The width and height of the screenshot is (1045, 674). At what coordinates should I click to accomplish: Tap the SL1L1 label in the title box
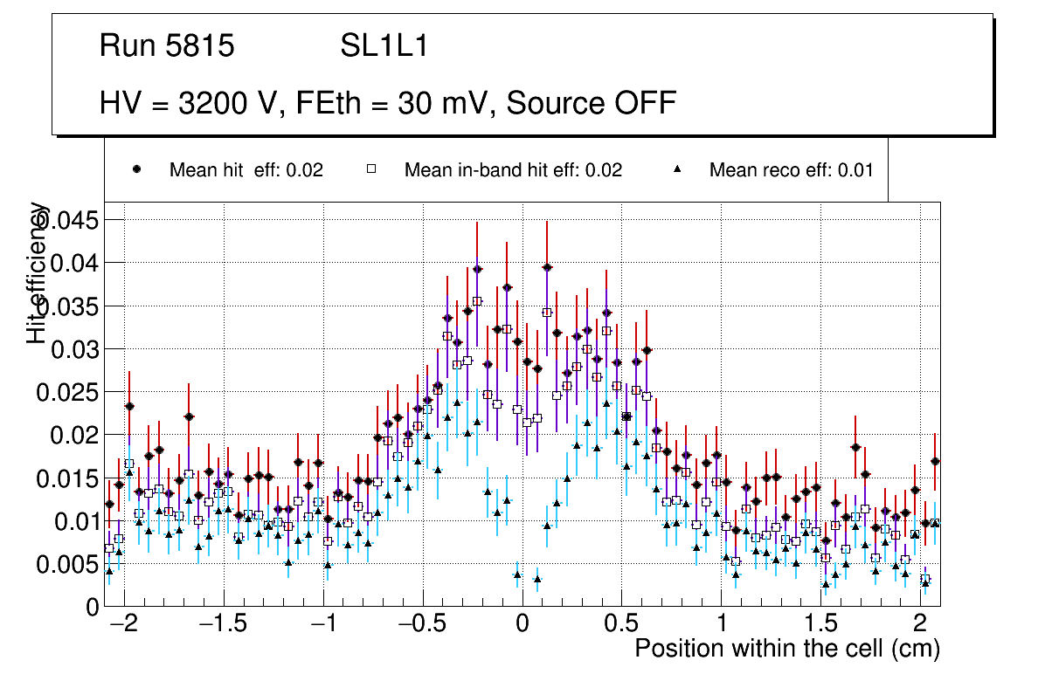(384, 46)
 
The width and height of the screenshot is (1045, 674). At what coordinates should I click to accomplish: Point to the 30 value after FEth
(415, 103)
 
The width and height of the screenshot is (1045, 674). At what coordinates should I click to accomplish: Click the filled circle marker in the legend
(136, 169)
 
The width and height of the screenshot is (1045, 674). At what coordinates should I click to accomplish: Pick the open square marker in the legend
(371, 169)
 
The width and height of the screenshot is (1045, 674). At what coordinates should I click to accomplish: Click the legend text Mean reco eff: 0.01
(791, 170)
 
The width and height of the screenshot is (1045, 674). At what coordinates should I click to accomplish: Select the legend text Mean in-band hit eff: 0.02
(513, 170)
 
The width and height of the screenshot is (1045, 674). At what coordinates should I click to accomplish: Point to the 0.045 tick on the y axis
(72, 221)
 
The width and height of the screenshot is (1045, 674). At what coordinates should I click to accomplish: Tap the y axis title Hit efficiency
(38, 272)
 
